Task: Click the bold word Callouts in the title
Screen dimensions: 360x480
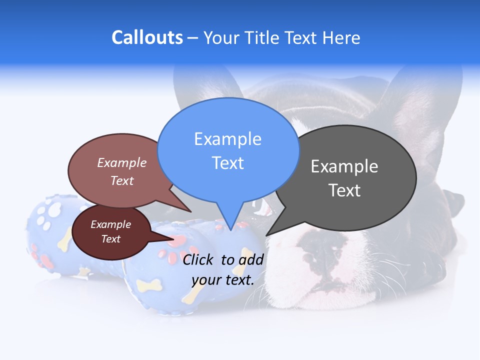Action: click(x=147, y=37)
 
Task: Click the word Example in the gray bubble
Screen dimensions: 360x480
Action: click(x=344, y=166)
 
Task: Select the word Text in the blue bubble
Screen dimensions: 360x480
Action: click(x=228, y=163)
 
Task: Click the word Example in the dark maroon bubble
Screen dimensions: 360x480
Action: click(x=110, y=224)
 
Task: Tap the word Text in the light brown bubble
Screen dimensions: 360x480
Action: click(x=122, y=180)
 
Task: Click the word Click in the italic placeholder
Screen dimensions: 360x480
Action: click(x=199, y=259)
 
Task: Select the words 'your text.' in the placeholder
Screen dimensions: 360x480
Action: click(x=223, y=280)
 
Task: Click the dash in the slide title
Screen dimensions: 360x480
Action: click(x=193, y=38)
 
